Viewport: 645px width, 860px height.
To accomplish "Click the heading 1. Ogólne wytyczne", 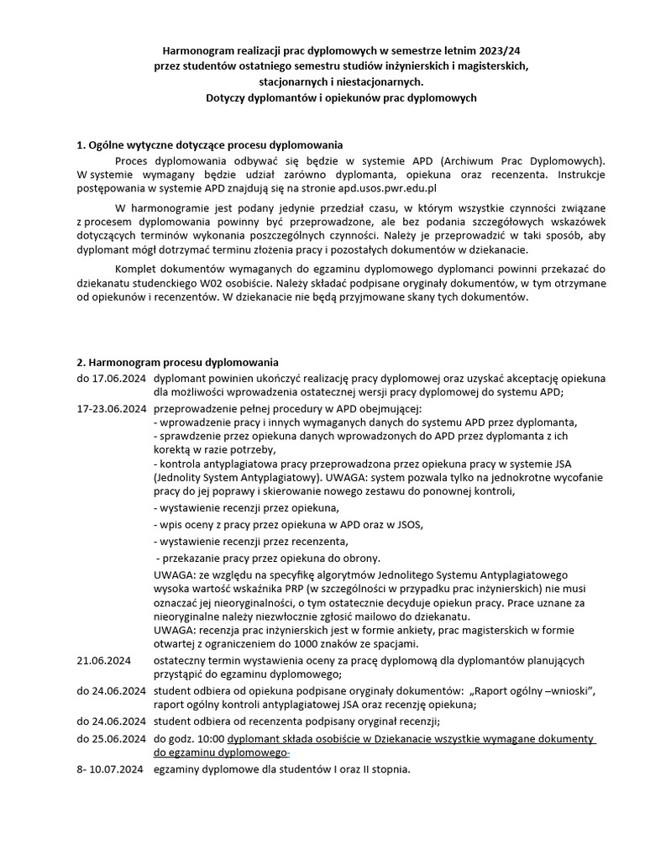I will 210,144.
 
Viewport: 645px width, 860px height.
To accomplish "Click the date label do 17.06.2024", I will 111,379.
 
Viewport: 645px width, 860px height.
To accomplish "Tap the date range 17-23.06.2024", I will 111,408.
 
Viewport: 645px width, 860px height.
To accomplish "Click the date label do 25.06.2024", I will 111,738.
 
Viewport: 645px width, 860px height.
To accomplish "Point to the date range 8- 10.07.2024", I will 111,768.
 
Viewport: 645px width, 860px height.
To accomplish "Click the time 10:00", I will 210,738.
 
